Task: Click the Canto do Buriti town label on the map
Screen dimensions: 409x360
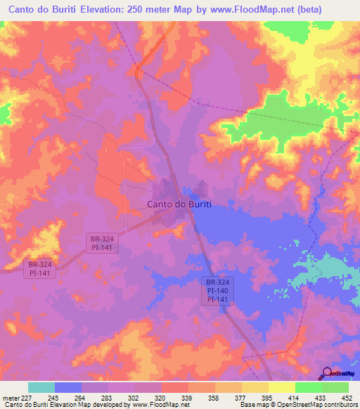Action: point(179,204)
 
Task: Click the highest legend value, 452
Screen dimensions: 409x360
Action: point(347,397)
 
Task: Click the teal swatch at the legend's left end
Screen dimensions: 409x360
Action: point(41,387)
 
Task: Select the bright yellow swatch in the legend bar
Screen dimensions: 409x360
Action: point(281,387)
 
